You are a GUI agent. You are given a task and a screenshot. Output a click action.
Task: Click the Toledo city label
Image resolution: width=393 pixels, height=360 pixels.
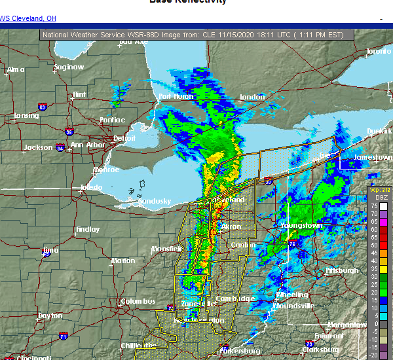click(x=91, y=188)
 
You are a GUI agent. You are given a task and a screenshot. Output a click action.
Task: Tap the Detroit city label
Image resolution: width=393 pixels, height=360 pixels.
click(x=124, y=139)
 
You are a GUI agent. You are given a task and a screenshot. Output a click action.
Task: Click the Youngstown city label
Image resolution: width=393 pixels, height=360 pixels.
click(x=301, y=226)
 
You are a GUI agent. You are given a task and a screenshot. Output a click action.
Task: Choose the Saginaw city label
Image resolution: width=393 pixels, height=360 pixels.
click(x=69, y=67)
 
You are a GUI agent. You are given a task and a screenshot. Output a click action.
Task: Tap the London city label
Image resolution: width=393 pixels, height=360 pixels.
click(x=252, y=98)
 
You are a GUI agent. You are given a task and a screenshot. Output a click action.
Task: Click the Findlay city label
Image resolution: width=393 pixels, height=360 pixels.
click(x=88, y=230)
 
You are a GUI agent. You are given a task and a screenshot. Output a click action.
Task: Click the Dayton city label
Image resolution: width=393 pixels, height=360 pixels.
click(x=50, y=315)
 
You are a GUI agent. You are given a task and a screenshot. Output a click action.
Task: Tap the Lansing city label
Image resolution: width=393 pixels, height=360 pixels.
click(x=26, y=117)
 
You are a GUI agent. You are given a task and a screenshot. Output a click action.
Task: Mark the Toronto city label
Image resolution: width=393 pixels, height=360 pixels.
click(x=378, y=51)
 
